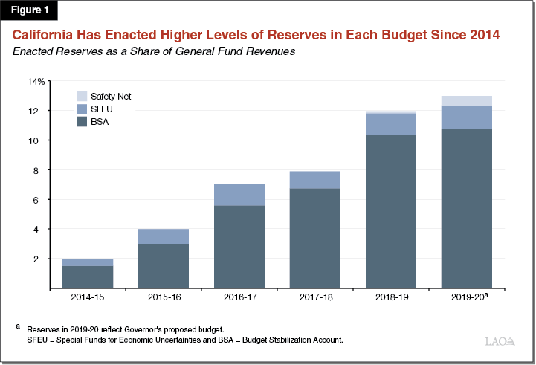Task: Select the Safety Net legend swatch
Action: click(x=82, y=96)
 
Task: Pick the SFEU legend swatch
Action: click(x=82, y=109)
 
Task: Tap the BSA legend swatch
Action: click(x=82, y=121)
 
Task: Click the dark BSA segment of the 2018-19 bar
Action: click(x=390, y=212)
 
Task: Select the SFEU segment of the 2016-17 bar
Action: click(x=239, y=195)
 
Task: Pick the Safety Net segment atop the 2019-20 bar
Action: click(x=466, y=100)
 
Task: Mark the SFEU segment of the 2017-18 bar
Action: click(x=314, y=180)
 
